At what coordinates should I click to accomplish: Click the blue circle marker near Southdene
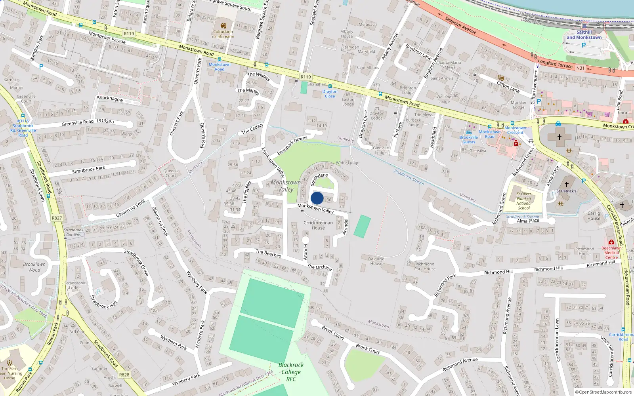click(317, 198)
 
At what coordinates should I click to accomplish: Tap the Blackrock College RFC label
click(291, 372)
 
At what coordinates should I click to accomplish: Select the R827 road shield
click(57, 218)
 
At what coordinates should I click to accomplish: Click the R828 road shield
click(124, 375)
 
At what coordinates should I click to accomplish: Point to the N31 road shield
click(580, 68)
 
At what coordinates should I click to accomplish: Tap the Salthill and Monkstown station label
click(584, 35)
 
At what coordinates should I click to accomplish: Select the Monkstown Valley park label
click(286, 186)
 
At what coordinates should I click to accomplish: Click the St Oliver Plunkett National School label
click(524, 201)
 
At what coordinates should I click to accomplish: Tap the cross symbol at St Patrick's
click(566, 185)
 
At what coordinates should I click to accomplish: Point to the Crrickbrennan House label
click(318, 225)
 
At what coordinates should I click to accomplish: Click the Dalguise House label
click(376, 261)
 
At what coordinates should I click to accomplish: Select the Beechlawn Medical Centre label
click(611, 252)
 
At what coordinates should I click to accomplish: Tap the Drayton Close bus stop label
click(330, 94)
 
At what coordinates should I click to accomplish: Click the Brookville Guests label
click(468, 139)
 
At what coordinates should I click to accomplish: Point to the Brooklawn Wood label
click(34, 267)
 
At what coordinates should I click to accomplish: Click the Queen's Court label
click(170, 173)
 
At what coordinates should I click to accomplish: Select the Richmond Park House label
click(425, 266)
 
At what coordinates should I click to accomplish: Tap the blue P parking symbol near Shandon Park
click(41, 67)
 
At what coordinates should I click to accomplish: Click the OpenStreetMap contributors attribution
click(603, 392)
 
